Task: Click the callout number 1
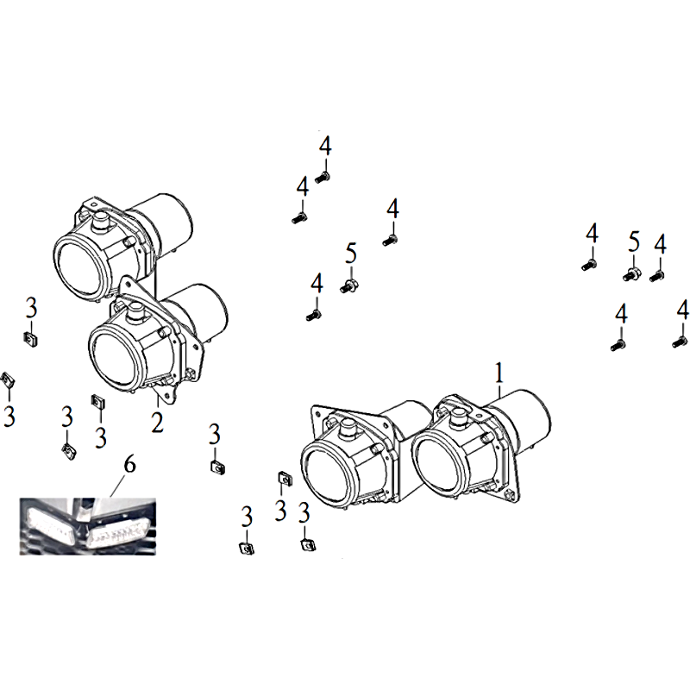coord(499,374)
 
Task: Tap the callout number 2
coord(157,423)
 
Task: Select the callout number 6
coord(130,465)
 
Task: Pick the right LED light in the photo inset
coord(118,532)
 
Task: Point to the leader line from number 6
coord(117,486)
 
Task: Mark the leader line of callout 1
coord(499,392)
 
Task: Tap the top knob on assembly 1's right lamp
coord(460,415)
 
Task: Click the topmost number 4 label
coord(325,146)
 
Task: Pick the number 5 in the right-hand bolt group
coord(634,241)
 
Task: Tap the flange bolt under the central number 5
coord(349,286)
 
